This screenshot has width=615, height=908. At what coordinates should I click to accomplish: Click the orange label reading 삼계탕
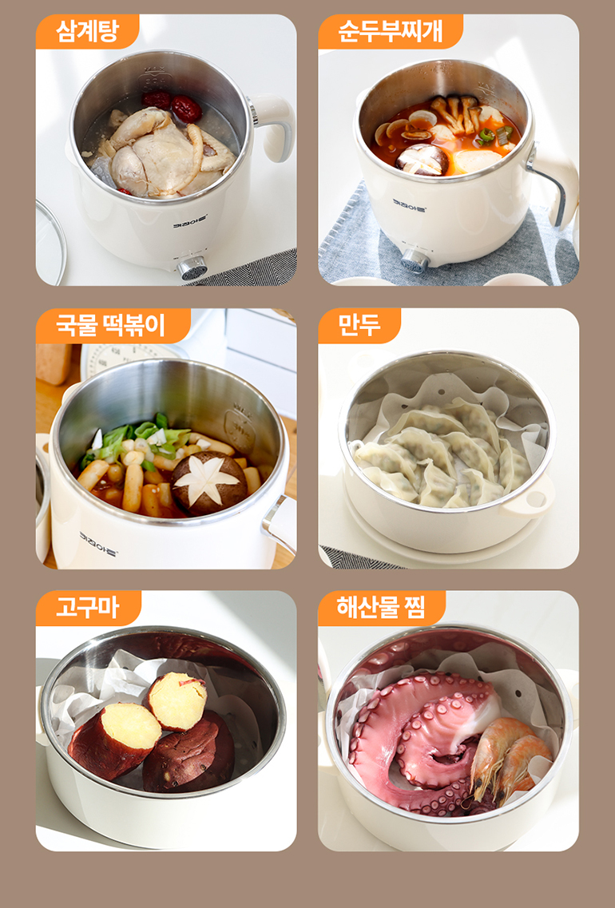point(87,31)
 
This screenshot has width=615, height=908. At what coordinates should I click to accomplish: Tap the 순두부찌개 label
point(391,31)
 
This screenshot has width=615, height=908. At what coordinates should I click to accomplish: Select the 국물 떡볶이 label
point(113,326)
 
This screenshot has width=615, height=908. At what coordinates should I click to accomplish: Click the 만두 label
point(359,326)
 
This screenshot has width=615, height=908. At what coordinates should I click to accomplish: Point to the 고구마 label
point(88,608)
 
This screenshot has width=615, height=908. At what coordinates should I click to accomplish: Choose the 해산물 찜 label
point(382,608)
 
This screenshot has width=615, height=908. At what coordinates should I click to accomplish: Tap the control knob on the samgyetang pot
point(192,268)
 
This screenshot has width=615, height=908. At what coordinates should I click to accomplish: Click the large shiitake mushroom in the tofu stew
point(423,159)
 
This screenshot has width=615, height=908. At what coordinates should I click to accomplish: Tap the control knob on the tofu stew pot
point(415,260)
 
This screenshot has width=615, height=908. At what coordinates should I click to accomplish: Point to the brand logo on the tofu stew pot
point(409,205)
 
